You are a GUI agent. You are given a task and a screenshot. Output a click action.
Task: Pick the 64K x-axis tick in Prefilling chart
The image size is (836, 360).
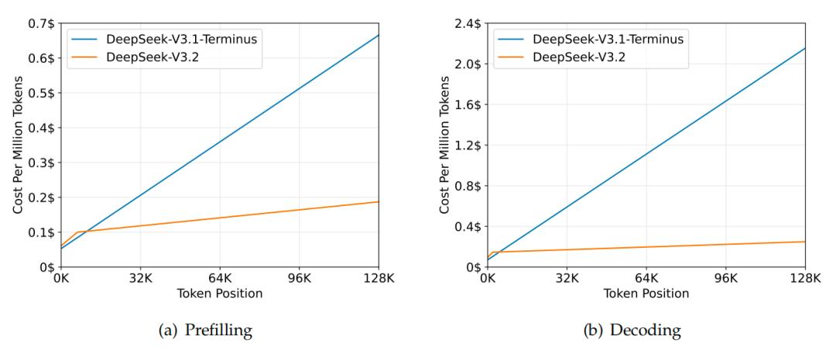(x=219, y=280)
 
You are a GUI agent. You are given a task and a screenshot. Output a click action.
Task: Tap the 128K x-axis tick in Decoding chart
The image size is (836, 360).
(x=805, y=280)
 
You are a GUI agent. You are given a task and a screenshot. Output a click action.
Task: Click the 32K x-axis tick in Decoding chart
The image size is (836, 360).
(x=567, y=280)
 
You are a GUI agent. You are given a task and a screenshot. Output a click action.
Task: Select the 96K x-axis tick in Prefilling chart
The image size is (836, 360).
(x=299, y=280)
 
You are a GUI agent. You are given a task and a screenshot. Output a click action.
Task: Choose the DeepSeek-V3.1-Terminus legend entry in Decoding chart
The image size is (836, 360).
(x=591, y=38)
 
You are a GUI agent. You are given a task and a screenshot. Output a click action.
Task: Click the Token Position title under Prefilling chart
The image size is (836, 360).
(x=220, y=294)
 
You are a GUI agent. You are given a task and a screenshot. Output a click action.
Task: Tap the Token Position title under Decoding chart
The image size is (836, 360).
(x=646, y=294)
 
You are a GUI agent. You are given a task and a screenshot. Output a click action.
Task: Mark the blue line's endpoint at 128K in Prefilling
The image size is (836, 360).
(x=379, y=35)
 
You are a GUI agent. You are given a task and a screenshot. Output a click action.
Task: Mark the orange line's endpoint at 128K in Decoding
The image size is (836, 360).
(x=805, y=242)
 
